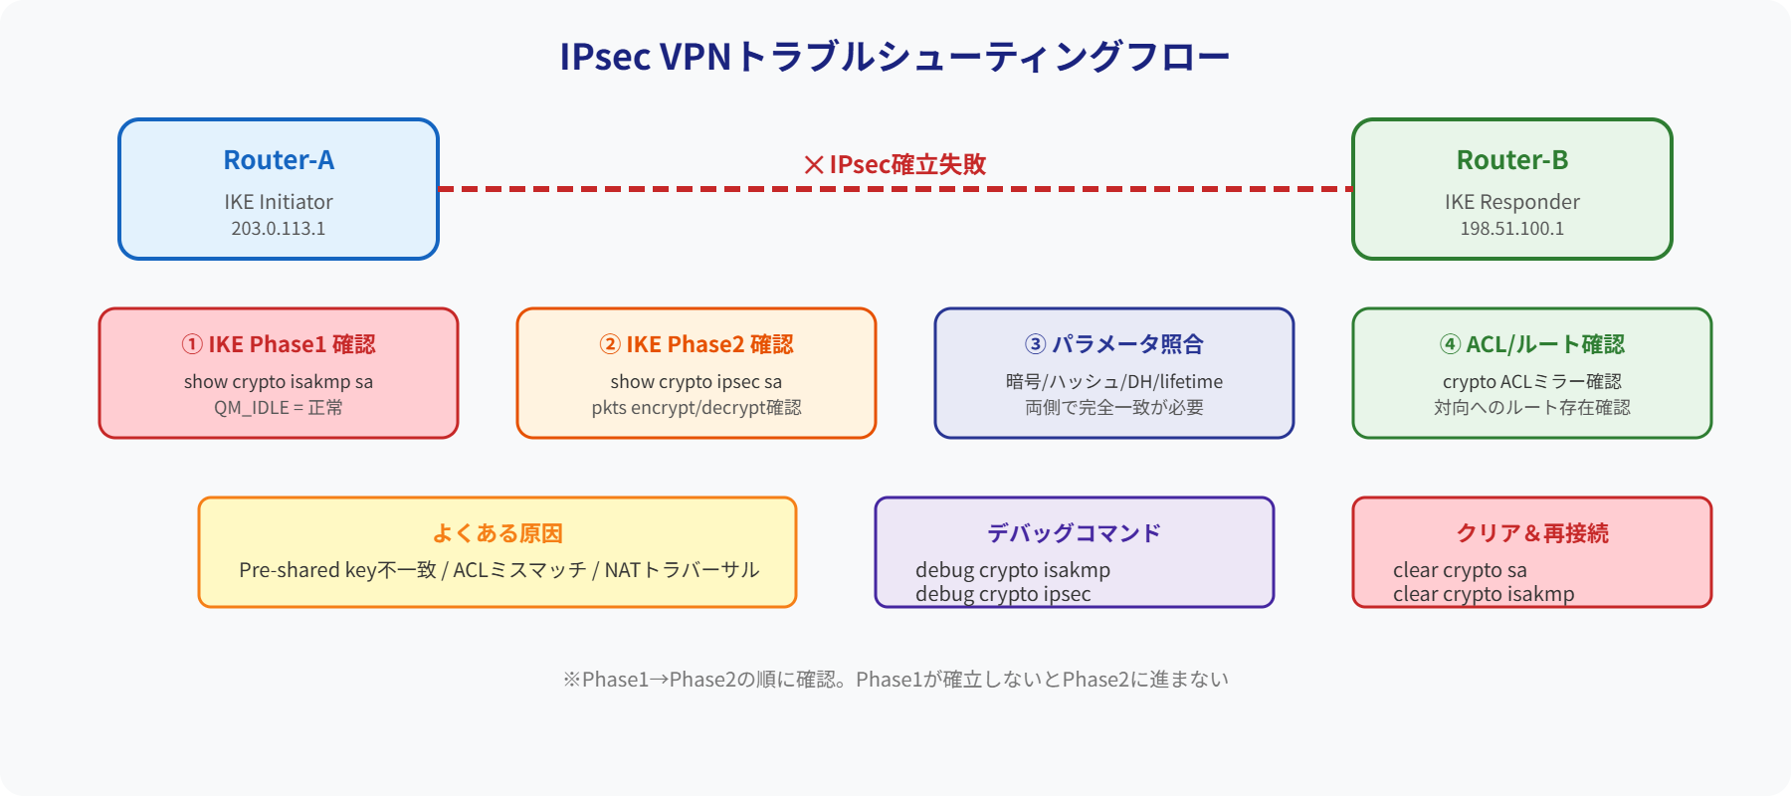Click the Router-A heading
[279, 160]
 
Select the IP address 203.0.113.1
[279, 229]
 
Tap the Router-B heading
[1512, 160]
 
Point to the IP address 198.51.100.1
[1512, 229]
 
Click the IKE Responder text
[1512, 202]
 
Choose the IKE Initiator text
[279, 202]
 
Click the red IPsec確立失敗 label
[895, 164]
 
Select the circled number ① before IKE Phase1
[192, 344]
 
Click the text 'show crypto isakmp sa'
[279, 382]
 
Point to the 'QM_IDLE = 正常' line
[279, 408]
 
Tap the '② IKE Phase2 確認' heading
[696, 344]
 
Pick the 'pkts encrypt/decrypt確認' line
[696, 408]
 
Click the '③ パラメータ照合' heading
[1114, 344]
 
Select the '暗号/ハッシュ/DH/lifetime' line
[1114, 382]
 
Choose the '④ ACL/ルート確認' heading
[1532, 344]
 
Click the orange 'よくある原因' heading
[497, 533]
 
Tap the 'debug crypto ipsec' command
[1003, 595]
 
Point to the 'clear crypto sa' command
[1460, 570]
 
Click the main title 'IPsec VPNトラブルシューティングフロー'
[895, 57]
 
